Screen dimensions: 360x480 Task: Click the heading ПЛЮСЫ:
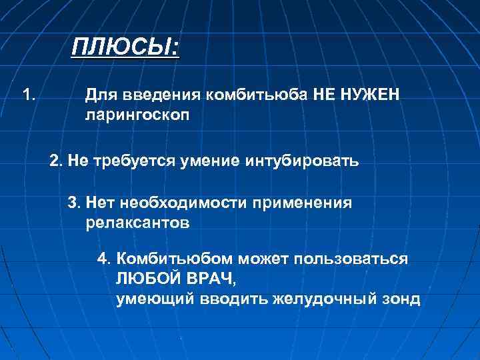pos(126,48)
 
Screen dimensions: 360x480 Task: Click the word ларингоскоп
pos(137,115)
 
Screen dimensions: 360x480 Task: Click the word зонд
pos(401,299)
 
